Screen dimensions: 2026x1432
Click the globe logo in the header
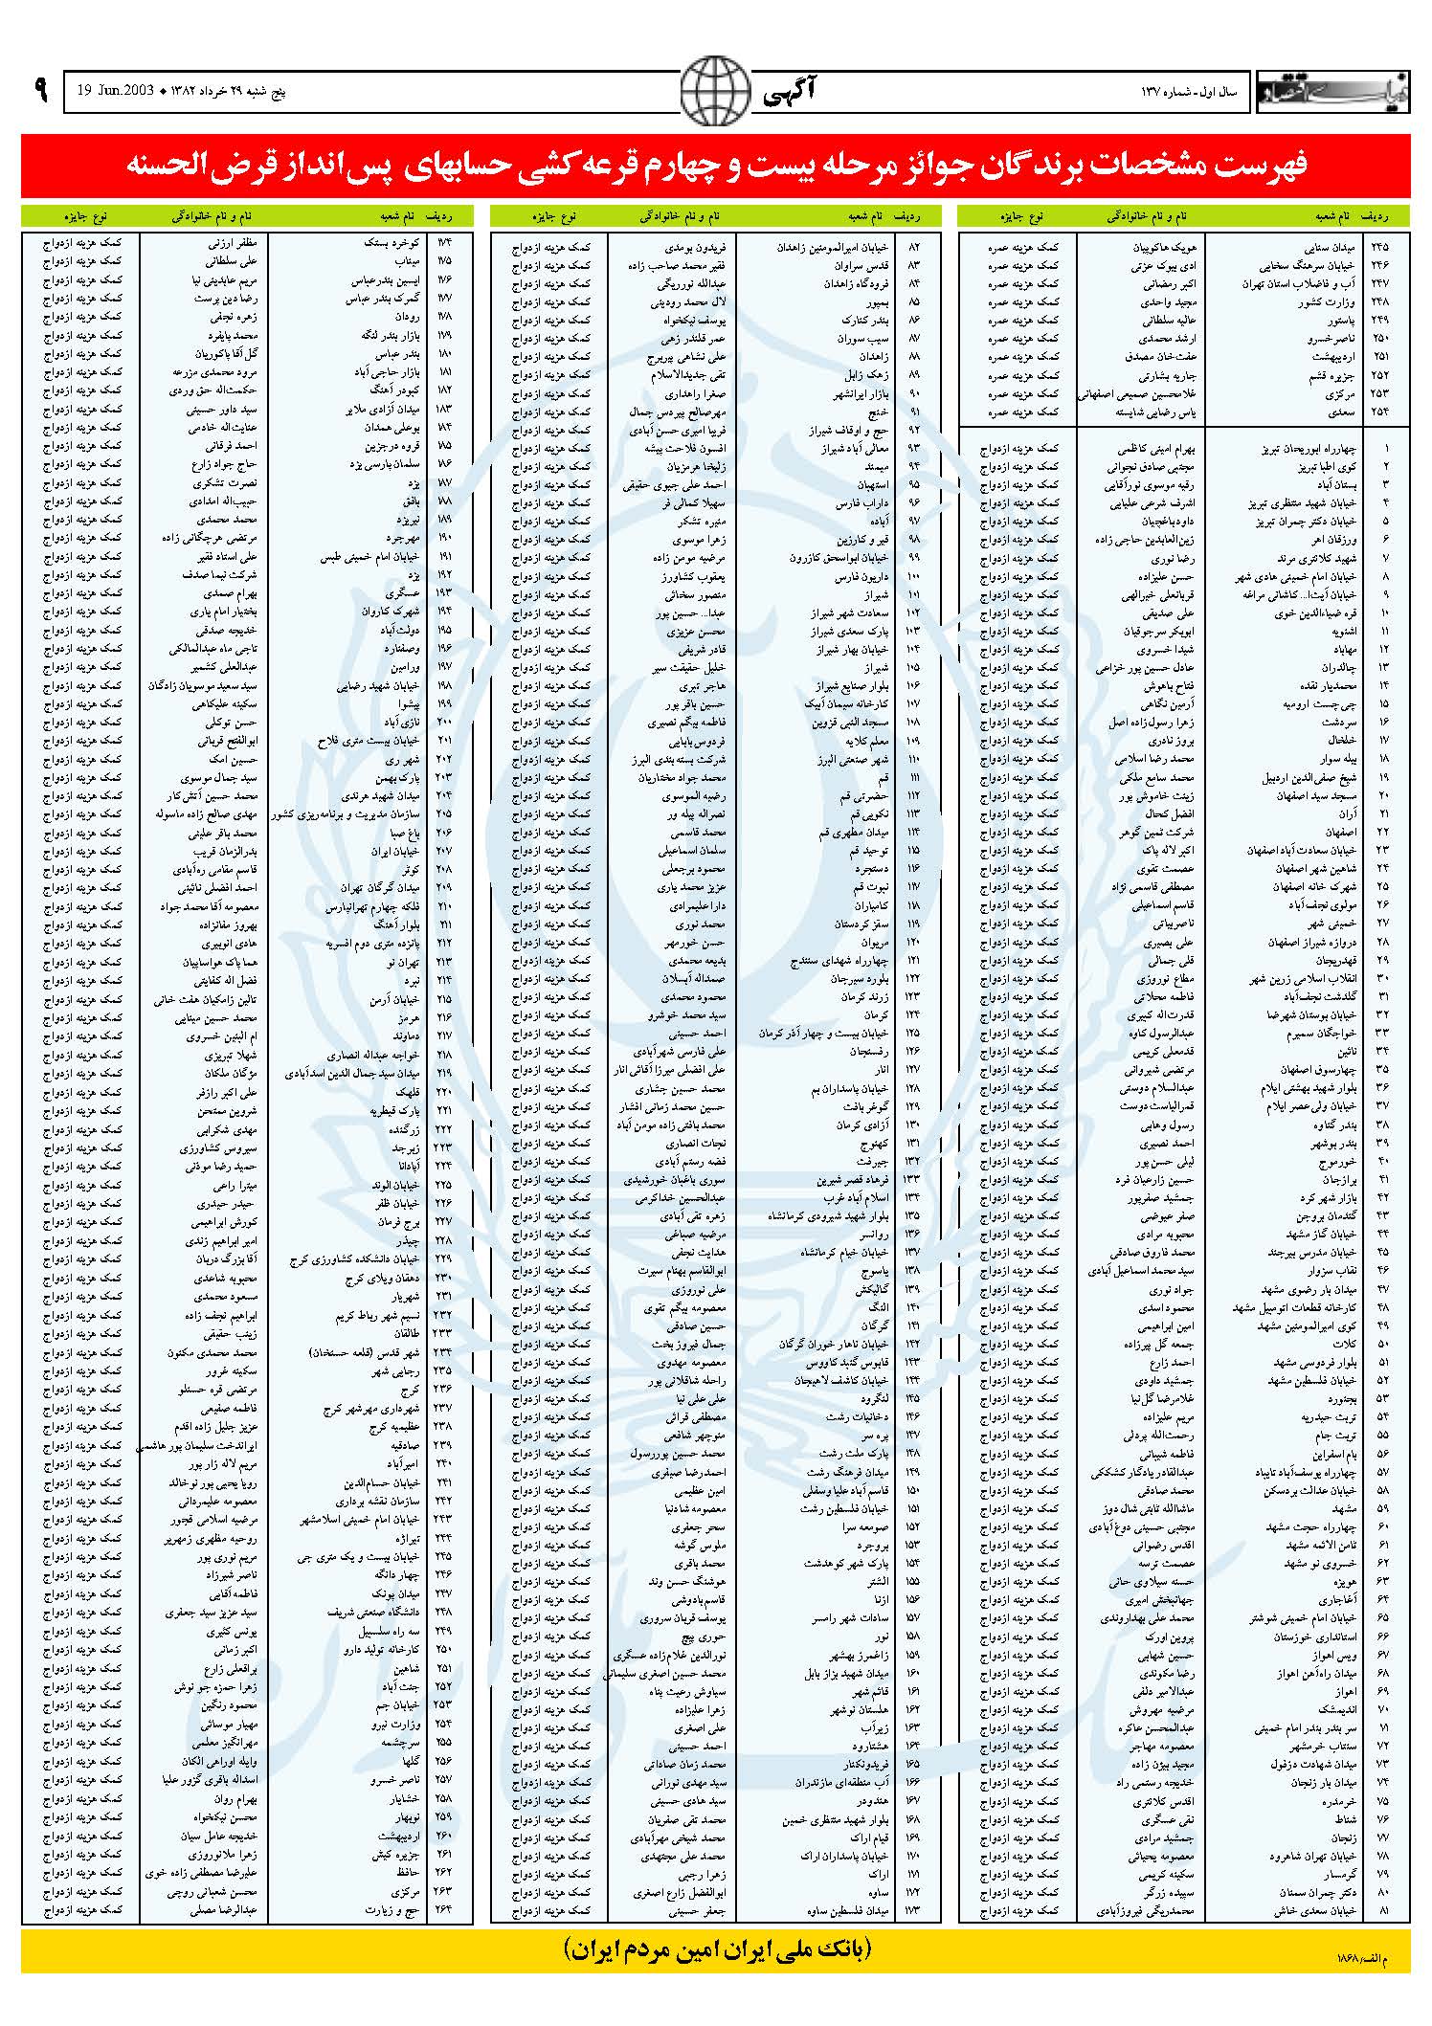[715, 92]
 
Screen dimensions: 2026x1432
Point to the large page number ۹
[39, 92]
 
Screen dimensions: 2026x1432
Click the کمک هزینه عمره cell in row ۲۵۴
[1023, 412]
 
